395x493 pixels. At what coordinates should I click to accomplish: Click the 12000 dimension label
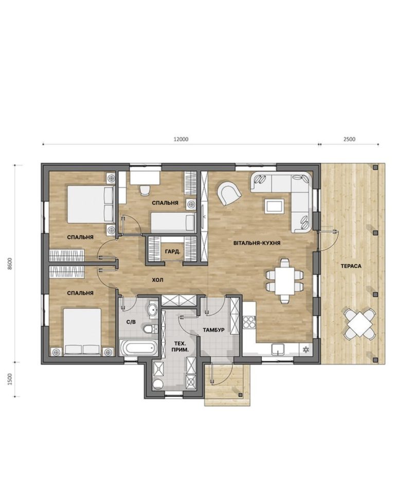[x=181, y=139]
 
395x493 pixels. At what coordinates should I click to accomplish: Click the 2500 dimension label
[x=349, y=139]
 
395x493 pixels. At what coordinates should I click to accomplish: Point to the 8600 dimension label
[x=10, y=263]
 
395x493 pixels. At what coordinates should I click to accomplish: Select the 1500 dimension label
[x=10, y=379]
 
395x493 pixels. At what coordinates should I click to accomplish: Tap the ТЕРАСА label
[x=351, y=266]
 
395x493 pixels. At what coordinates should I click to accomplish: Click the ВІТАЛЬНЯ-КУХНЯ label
[x=257, y=243]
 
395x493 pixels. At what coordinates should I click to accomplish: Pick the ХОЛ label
[x=157, y=280]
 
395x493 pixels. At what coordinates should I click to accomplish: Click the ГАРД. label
[x=173, y=252]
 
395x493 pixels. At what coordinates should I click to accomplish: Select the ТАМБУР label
[x=213, y=330]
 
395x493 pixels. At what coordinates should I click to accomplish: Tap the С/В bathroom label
[x=131, y=322]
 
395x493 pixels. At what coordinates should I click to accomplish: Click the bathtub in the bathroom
[x=138, y=348]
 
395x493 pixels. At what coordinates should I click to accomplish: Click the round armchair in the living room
[x=229, y=193]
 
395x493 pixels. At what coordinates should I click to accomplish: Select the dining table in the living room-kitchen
[x=285, y=280]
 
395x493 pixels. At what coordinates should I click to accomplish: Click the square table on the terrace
[x=360, y=324]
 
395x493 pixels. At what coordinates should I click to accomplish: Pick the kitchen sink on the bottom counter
[x=278, y=349]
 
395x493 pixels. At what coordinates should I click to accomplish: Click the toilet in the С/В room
[x=150, y=329]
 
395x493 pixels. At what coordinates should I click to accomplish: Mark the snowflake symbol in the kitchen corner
[x=306, y=350]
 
